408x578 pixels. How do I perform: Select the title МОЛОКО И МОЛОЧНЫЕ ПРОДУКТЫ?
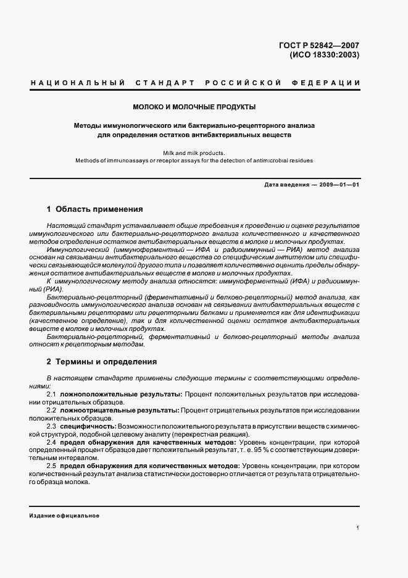204,107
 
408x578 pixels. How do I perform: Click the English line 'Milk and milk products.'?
204,153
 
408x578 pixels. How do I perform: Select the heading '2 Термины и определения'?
101,361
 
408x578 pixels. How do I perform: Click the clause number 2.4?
52,442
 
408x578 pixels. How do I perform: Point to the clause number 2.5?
52,466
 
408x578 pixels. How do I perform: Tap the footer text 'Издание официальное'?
64,515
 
